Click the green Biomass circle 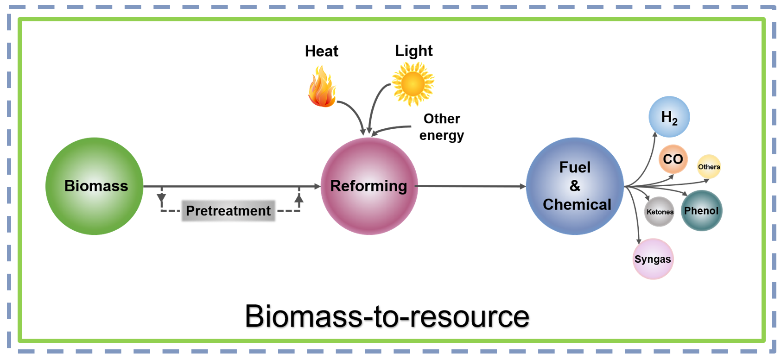coord(94,186)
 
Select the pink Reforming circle coord(369,186)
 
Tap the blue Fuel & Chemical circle coord(575,186)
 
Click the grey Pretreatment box coord(228,211)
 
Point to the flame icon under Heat coord(322,87)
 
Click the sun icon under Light coord(413,84)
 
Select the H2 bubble coord(669,117)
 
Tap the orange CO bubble coord(673,159)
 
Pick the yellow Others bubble coord(709,167)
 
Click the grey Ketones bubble coord(660,212)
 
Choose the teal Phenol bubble coord(701,211)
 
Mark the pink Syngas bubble coord(653,259)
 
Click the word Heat coord(321,51)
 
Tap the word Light coord(413,51)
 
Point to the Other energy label coord(441,126)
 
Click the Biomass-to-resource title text coord(387,316)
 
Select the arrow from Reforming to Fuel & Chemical coord(470,186)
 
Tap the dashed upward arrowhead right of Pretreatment coord(299,198)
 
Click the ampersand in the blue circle coord(575,186)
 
